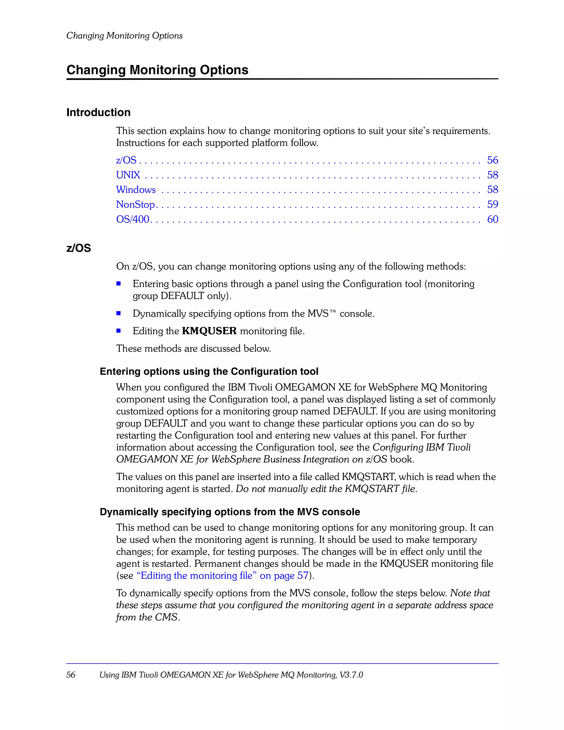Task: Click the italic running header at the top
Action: [124, 36]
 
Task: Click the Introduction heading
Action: [98, 112]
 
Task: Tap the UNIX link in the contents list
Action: [128, 175]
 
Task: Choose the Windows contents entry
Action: [136, 189]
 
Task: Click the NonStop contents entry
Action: [135, 204]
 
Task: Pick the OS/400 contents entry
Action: [132, 219]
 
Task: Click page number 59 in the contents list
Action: [492, 204]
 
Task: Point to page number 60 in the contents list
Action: [492, 219]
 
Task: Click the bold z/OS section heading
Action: [78, 248]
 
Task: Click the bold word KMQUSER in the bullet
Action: [209, 331]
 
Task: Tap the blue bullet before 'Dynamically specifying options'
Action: [118, 313]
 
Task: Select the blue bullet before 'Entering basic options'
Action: [118, 284]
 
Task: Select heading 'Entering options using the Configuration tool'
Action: [209, 371]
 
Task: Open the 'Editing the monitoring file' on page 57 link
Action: [222, 576]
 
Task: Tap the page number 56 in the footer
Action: [70, 675]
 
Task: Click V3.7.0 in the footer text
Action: [351, 675]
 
